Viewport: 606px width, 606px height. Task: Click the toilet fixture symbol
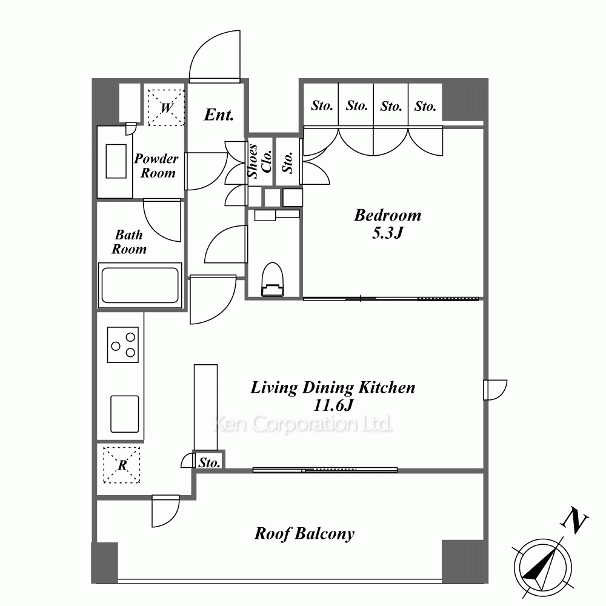(x=273, y=279)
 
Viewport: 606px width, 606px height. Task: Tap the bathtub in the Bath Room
(x=140, y=285)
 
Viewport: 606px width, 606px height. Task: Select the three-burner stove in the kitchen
(x=123, y=345)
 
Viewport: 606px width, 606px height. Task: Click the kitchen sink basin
(x=124, y=414)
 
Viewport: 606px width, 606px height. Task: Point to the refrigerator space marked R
(x=122, y=465)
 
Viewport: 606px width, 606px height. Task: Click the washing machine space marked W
(x=166, y=107)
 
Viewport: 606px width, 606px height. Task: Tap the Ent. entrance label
(x=219, y=115)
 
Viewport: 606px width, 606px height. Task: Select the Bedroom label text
(x=388, y=215)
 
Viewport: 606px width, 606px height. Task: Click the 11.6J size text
(x=333, y=405)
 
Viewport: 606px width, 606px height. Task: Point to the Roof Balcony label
(x=304, y=534)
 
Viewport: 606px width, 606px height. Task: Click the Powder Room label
(x=156, y=166)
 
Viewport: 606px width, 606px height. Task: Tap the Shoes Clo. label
(x=260, y=161)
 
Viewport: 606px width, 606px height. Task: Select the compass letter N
(x=574, y=522)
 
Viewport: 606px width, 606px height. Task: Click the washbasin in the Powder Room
(x=116, y=161)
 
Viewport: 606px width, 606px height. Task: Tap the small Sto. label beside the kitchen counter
(x=209, y=462)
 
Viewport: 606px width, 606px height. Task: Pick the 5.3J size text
(x=388, y=233)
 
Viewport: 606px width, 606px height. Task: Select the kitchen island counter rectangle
(x=205, y=407)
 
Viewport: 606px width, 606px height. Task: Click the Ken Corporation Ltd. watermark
(x=302, y=424)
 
